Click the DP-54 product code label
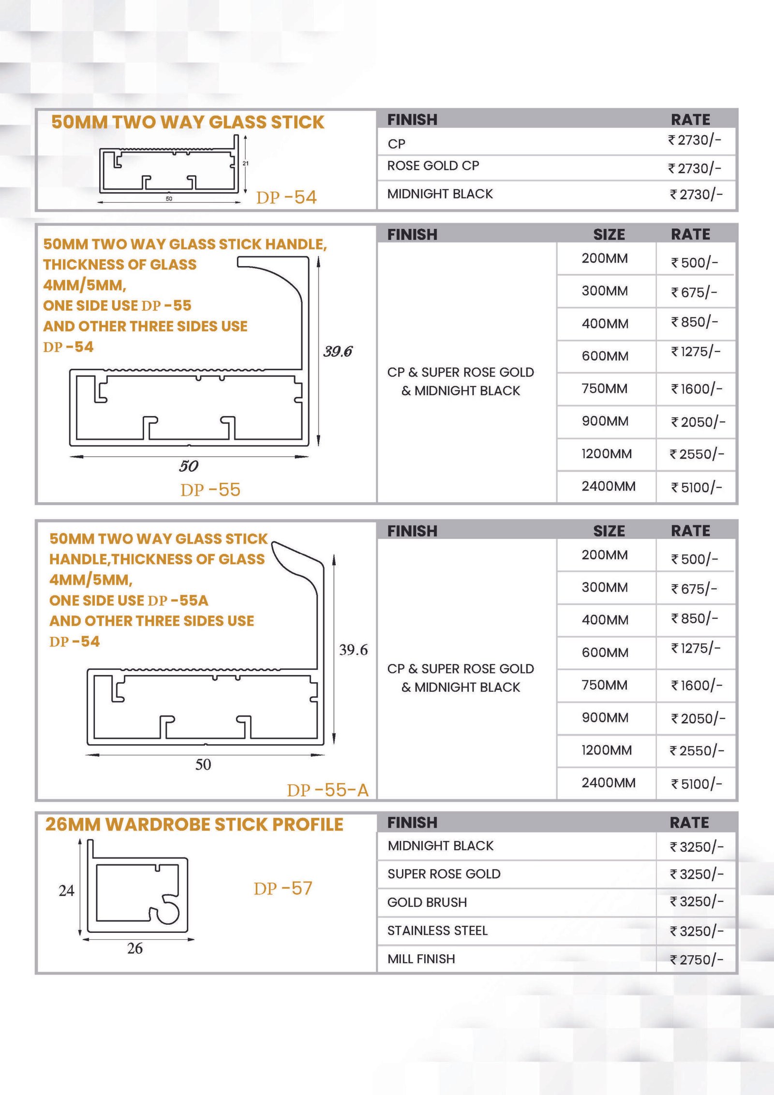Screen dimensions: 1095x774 tap(286, 197)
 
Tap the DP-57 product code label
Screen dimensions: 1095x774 tap(283, 888)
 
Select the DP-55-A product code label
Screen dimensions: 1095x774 tap(327, 790)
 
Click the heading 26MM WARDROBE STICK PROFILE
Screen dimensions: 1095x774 tap(194, 825)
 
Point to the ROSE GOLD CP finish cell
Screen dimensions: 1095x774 tap(433, 166)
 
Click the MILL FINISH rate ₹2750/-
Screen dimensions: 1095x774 tap(696, 960)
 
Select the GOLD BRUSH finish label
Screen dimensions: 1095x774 tap(427, 902)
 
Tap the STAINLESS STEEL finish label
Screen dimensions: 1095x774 tap(437, 930)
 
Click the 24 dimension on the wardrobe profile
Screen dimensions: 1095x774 tap(66, 891)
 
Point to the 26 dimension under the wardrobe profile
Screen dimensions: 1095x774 tap(135, 948)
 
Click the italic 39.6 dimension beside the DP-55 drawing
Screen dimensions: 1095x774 tap(338, 352)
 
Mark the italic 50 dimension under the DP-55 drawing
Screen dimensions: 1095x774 tap(189, 466)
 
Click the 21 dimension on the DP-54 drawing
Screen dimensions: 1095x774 tap(246, 164)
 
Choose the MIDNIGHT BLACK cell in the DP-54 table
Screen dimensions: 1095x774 tap(440, 194)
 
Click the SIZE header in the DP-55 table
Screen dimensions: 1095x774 tap(609, 235)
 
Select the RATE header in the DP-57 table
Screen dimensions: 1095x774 tap(689, 823)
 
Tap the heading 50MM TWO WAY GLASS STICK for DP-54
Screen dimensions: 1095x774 tap(188, 122)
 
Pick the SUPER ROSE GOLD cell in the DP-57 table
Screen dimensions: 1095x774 tap(444, 874)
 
